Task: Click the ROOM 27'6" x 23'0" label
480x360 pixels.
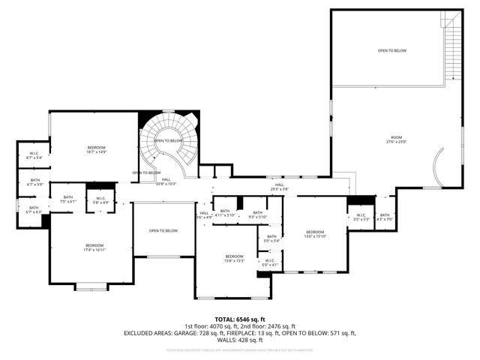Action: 395,139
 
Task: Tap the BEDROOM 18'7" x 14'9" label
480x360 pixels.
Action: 97,149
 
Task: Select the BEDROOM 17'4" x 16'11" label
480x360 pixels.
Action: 94,247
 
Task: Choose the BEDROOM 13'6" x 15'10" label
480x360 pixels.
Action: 314,234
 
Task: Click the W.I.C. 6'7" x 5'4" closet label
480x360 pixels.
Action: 34,156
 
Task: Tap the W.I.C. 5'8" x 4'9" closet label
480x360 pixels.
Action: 100,200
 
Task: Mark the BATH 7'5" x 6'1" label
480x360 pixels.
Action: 68,199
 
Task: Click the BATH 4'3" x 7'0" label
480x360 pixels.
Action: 385,217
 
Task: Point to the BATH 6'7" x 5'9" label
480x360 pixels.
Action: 35,182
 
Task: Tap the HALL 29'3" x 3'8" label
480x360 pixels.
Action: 279,187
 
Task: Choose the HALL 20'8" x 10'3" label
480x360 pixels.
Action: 166,181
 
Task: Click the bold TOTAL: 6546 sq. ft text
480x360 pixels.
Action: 241,319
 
